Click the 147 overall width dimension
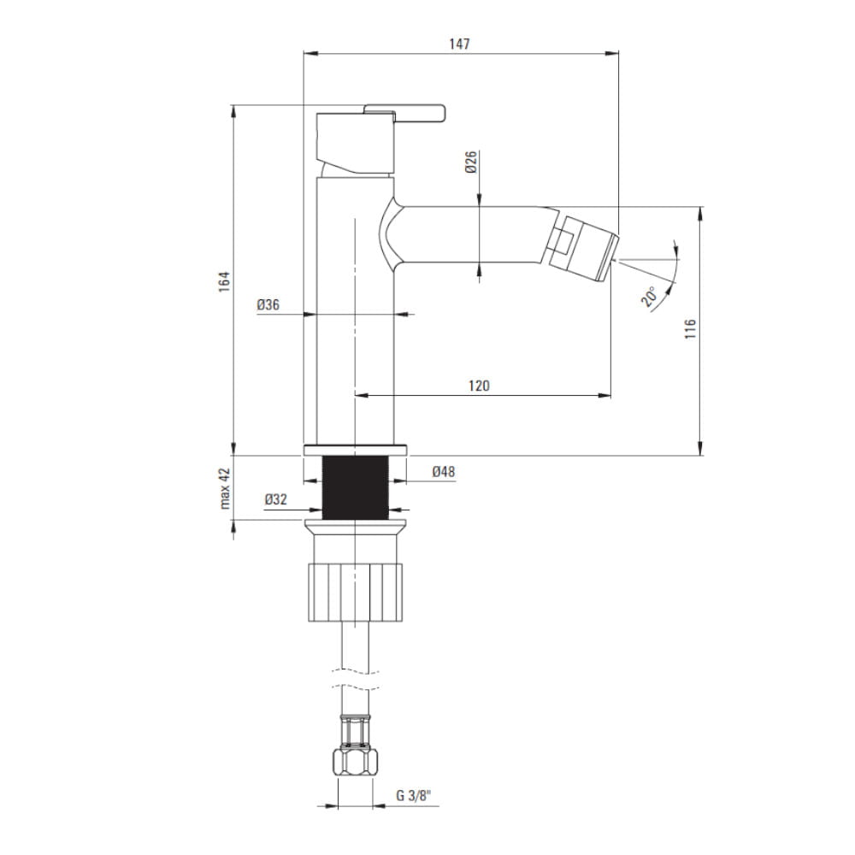(460, 44)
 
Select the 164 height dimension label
(225, 281)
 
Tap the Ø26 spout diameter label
(471, 162)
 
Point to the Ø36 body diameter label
(268, 305)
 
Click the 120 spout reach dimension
(479, 386)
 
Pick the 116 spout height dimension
(690, 329)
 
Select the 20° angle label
(650, 297)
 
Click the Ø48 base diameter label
(444, 472)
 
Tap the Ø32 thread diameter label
(276, 499)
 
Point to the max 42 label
(225, 488)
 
